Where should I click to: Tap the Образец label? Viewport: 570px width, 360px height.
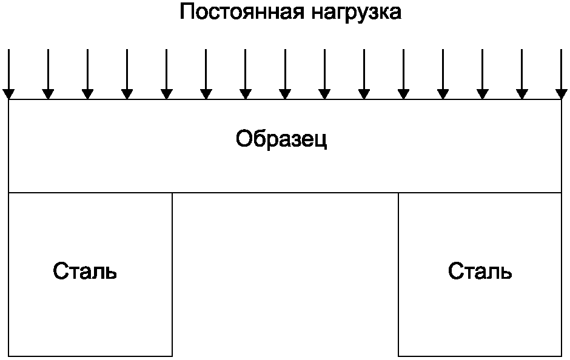pyautogui.click(x=282, y=139)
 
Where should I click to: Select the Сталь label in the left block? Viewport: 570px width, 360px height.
pyautogui.click(x=85, y=272)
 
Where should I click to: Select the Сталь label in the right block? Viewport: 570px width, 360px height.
pyautogui.click(x=480, y=272)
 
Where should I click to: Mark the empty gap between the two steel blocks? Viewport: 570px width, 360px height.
pyautogui.click(x=285, y=273)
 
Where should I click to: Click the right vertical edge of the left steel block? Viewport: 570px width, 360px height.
pyautogui.click(x=172, y=273)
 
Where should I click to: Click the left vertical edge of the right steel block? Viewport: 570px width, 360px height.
pyautogui.click(x=398, y=273)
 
